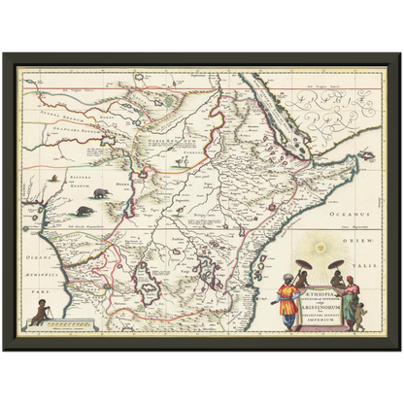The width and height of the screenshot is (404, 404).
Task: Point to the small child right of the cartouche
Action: click(x=361, y=314)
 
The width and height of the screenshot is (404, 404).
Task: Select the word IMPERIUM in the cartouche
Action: click(x=320, y=320)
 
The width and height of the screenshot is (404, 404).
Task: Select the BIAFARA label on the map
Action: click(x=64, y=177)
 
